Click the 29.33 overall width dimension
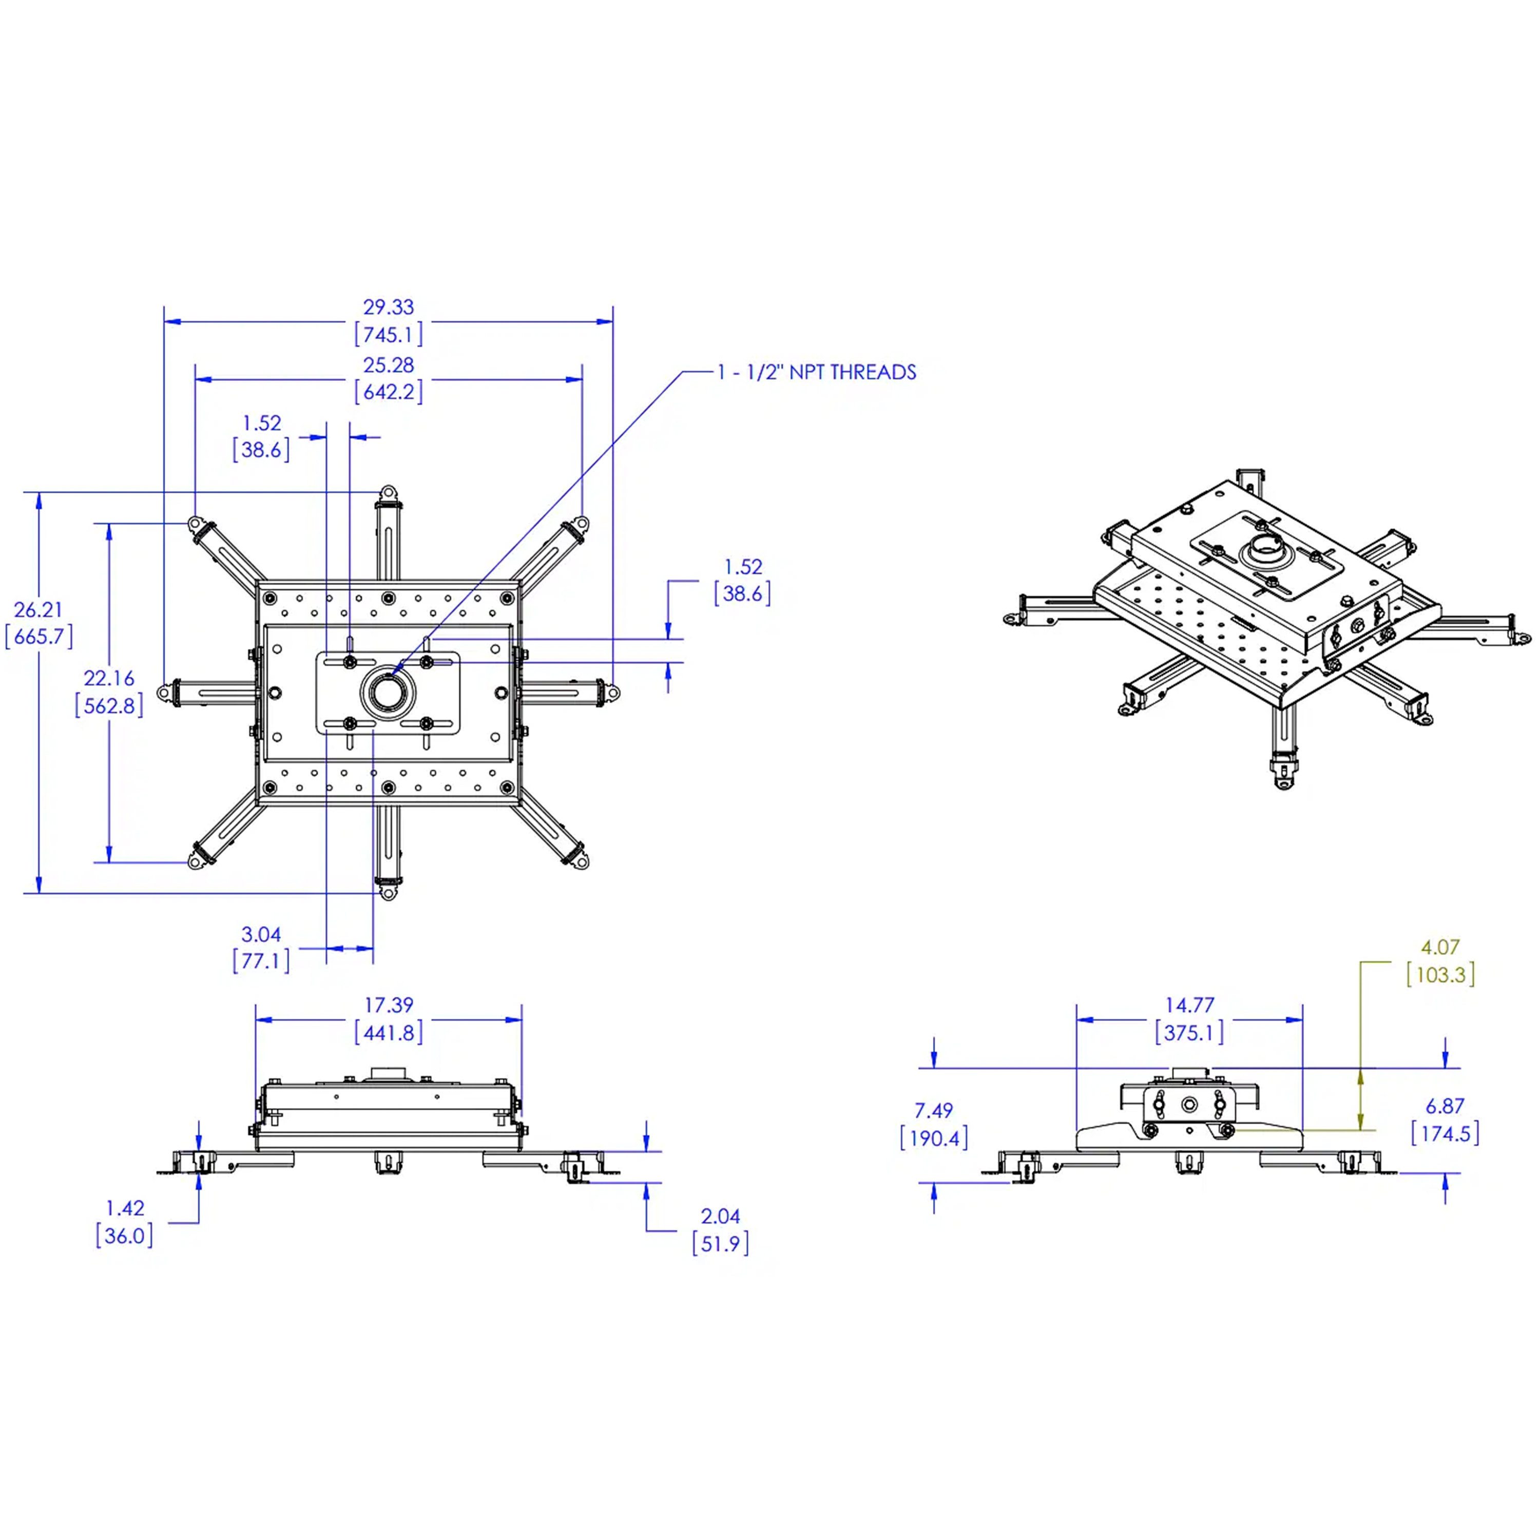(389, 307)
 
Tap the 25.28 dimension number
(389, 365)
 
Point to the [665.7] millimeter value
(39, 636)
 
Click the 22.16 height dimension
(109, 678)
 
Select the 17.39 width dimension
(389, 1005)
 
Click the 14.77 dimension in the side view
(1189, 1005)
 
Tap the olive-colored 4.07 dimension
(1440, 947)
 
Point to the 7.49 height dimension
(933, 1110)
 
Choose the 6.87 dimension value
(1445, 1106)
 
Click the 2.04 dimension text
(721, 1217)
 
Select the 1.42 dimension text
(125, 1208)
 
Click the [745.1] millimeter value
(389, 334)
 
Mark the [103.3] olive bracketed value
(1440, 974)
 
